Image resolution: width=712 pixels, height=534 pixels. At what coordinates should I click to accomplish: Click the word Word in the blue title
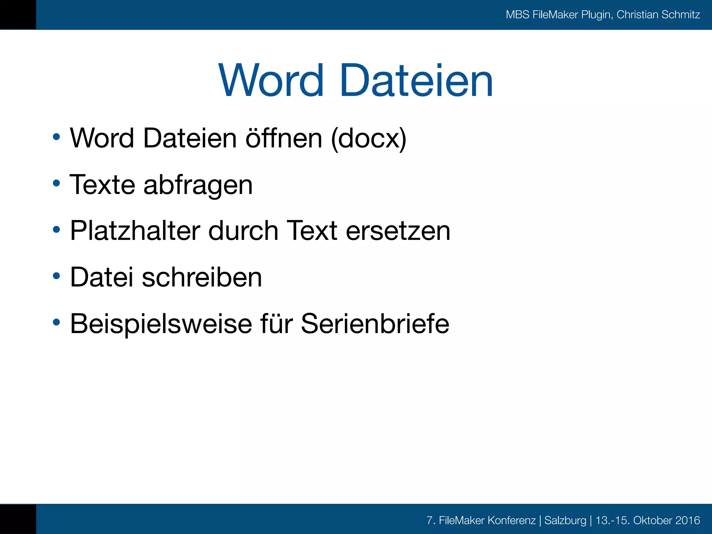pos(271,81)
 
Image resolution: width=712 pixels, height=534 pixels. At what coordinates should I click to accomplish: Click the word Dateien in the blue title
pos(416,81)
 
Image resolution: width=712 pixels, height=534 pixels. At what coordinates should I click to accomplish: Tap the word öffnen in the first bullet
pos(284,138)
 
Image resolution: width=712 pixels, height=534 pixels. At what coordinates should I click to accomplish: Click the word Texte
pos(102,185)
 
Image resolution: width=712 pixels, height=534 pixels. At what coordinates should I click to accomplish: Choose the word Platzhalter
pos(135,231)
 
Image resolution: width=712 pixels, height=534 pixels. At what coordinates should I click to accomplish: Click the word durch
pos(243,231)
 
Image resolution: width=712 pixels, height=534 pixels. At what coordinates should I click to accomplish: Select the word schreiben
pos(202,277)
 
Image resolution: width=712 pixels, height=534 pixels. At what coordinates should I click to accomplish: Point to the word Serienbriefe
pos(375,324)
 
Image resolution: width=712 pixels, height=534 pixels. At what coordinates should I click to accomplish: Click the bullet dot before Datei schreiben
pos(56,276)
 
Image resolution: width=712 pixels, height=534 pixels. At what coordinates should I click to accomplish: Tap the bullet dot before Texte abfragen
pos(56,183)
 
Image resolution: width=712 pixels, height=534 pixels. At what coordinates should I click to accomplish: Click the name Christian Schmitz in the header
pos(658,15)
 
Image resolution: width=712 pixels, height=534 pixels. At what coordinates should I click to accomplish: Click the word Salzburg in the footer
pos(565,520)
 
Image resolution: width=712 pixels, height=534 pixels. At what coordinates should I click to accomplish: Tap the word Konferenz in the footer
pos(511,520)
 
